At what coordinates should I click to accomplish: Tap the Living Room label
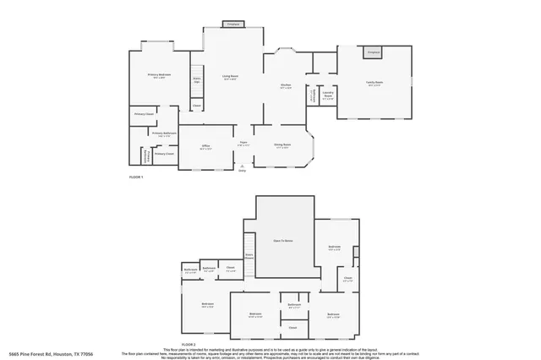coord(230,78)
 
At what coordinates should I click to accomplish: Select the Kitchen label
coord(286,86)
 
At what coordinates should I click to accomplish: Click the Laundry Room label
coord(327,96)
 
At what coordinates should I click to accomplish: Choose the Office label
coord(205,147)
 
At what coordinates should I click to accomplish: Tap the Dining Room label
coord(282,145)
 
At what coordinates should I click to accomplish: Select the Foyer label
coord(243,144)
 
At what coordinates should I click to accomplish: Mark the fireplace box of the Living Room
coord(232,25)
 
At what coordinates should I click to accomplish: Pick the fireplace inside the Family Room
coord(373,52)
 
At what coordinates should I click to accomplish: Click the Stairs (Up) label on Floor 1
coord(197,80)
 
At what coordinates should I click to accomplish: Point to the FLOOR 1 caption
coord(136,177)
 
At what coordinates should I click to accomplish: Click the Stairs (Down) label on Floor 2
coord(249,255)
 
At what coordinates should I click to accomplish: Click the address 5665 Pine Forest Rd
coord(51,353)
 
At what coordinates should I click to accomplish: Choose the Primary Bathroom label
coord(164,134)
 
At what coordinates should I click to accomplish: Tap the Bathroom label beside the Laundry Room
coord(311,95)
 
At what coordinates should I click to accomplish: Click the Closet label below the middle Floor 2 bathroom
coord(292,327)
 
